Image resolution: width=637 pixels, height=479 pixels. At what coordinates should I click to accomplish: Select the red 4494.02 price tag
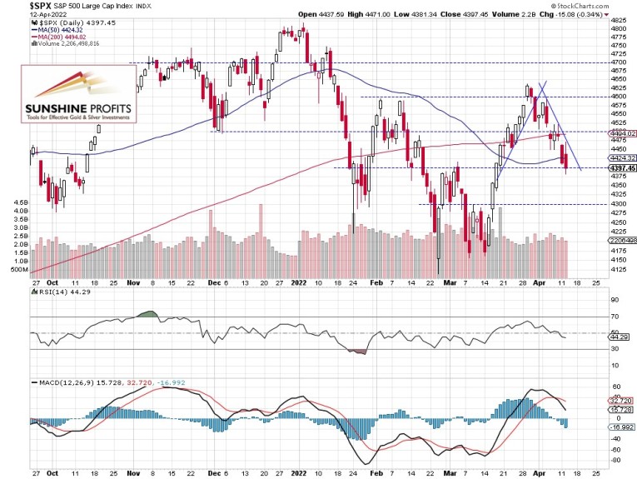[622, 132]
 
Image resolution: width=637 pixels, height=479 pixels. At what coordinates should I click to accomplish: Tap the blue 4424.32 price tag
[622, 157]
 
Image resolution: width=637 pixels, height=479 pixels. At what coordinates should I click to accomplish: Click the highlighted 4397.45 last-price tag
[622, 167]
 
